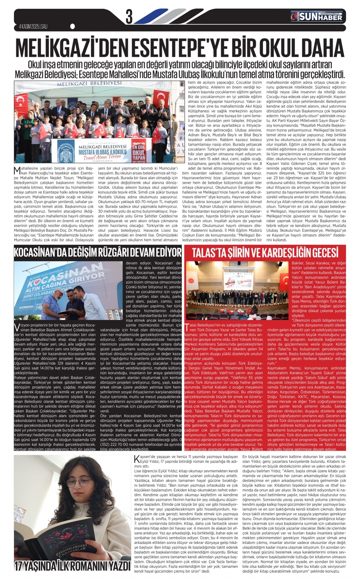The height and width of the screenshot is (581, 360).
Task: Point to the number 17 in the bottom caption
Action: pos(19,566)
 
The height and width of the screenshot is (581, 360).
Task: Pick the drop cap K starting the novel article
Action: pos(136,459)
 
